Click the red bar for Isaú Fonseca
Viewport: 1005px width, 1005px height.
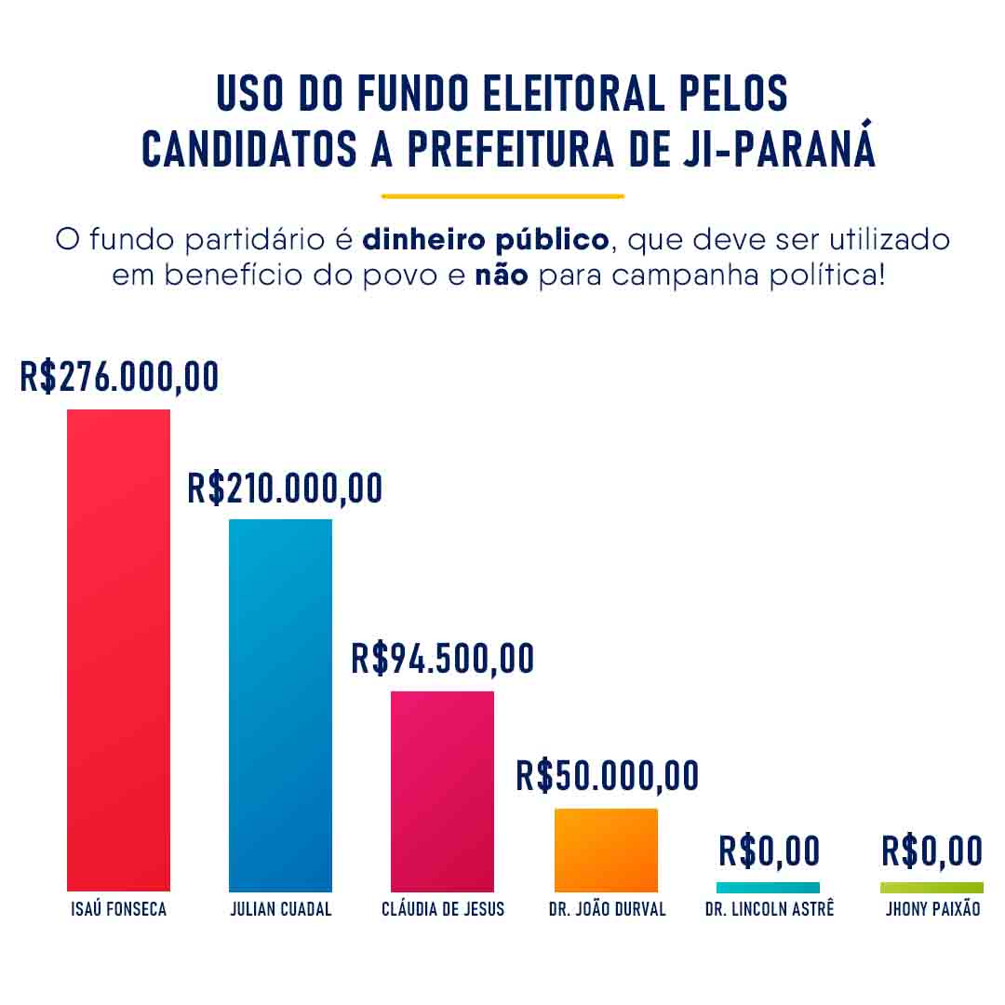point(118,650)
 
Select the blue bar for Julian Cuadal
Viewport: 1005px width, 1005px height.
point(280,704)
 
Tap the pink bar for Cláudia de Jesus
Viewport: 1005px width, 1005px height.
point(442,791)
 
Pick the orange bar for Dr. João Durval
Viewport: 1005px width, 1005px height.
point(606,850)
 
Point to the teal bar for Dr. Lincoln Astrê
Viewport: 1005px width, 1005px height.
point(768,888)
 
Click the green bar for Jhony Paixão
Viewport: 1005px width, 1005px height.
point(931,888)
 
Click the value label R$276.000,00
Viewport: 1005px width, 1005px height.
point(119,377)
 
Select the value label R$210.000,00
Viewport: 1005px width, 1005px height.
point(285,488)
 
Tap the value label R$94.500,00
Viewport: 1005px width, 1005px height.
point(443,658)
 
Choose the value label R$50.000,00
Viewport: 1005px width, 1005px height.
point(607,775)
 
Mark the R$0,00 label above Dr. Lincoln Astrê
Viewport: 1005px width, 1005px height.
point(769,851)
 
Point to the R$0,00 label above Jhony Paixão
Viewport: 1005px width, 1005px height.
point(931,851)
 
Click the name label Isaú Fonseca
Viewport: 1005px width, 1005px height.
point(118,909)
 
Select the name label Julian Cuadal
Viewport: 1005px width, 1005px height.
point(280,909)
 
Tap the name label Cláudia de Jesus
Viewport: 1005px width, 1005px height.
point(443,909)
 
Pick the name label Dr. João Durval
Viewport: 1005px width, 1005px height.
point(607,909)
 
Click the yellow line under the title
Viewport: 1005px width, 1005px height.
point(502,196)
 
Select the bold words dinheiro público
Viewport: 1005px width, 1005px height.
point(485,239)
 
